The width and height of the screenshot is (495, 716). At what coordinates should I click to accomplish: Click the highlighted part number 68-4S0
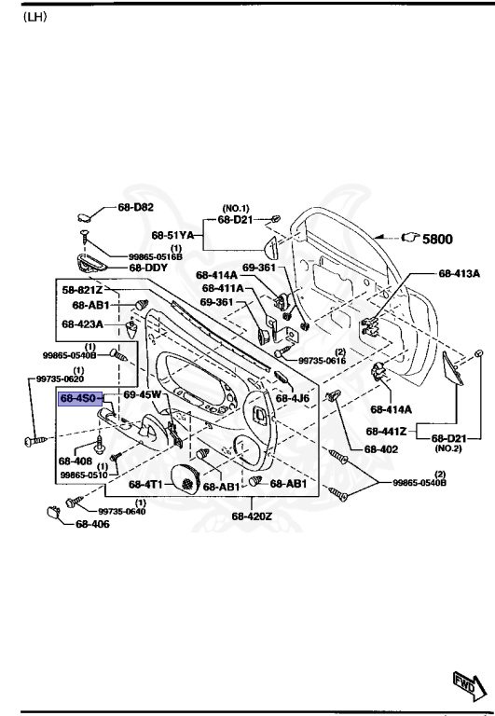point(79,398)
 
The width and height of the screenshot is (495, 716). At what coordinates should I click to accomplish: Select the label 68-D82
point(136,207)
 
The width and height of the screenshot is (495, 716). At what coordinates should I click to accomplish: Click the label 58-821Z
point(83,290)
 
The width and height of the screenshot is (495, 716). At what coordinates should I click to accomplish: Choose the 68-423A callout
point(82,324)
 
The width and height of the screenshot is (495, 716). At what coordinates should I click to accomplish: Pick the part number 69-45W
point(143,395)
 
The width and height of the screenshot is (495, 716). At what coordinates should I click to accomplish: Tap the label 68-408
point(75,461)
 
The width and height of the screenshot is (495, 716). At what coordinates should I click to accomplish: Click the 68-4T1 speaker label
point(146,485)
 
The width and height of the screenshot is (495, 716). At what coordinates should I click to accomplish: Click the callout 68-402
point(382,448)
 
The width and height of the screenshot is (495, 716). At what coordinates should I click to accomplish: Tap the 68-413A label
point(459,274)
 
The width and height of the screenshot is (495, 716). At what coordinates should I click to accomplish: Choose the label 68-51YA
point(172,235)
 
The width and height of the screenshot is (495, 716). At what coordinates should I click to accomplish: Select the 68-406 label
point(92,524)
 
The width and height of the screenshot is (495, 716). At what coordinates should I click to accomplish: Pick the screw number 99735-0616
point(323,360)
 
